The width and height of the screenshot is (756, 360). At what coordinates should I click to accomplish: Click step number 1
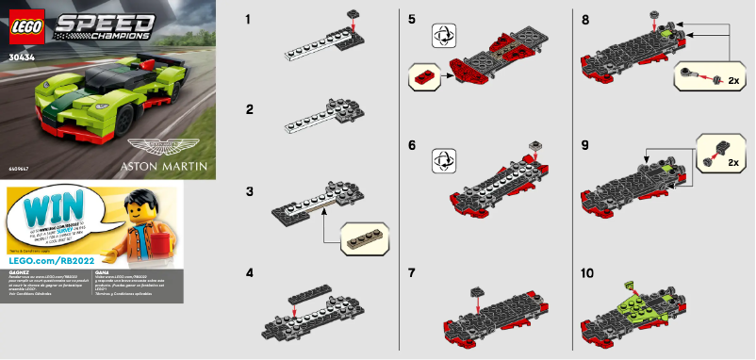248,19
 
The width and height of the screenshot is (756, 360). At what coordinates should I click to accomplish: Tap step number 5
411,19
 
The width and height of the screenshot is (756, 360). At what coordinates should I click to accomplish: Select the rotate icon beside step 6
441,156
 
